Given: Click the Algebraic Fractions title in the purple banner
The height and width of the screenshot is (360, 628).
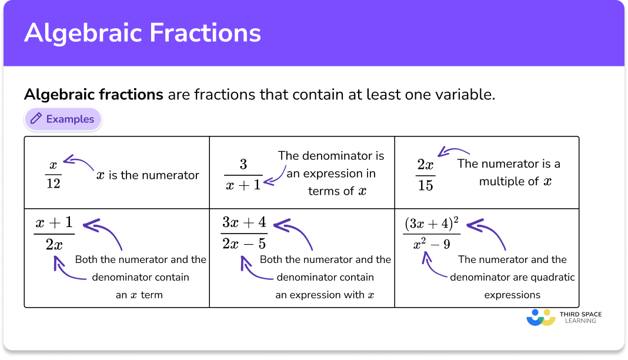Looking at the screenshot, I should [142, 33].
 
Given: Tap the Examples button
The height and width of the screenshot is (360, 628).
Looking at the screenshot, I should [63, 119].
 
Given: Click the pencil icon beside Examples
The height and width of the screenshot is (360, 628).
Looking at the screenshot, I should [36, 119].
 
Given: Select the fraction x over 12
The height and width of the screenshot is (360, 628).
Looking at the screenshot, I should [53, 175].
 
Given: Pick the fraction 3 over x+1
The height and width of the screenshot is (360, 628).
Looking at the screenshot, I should [243, 174].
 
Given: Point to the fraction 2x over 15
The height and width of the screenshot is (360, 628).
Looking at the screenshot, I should [425, 175].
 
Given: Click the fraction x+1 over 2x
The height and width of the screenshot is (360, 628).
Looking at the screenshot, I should [54, 234].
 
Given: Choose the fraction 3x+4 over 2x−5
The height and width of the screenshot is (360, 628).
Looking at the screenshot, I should [244, 233].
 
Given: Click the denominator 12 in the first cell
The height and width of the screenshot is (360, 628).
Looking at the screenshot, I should [53, 184].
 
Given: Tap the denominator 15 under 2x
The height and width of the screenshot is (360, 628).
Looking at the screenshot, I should [425, 185].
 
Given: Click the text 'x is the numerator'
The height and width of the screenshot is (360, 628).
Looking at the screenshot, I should [148, 175].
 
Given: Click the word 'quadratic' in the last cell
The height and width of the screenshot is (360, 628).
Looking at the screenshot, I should [552, 277].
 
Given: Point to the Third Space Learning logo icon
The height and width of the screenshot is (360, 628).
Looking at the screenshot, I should [540, 318].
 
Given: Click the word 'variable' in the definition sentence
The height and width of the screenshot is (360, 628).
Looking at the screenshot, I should [469, 94].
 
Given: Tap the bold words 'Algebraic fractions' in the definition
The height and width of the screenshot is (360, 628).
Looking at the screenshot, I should [93, 94].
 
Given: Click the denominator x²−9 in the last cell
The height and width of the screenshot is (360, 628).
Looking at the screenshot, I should [431, 242].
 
